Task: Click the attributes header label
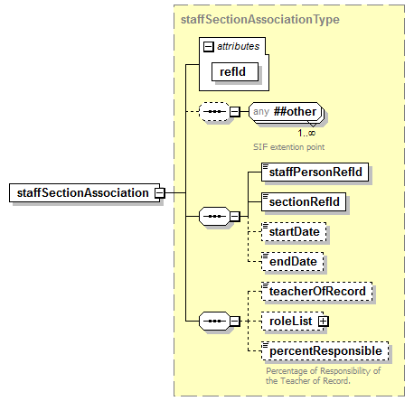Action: tap(238, 44)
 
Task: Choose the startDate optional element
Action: tap(292, 232)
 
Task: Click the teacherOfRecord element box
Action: tap(315, 291)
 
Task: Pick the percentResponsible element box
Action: tap(324, 351)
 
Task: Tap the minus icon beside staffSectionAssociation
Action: tap(159, 192)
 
